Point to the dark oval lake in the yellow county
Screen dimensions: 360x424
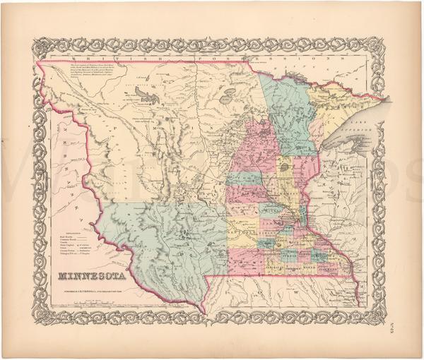coord(285,168)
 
